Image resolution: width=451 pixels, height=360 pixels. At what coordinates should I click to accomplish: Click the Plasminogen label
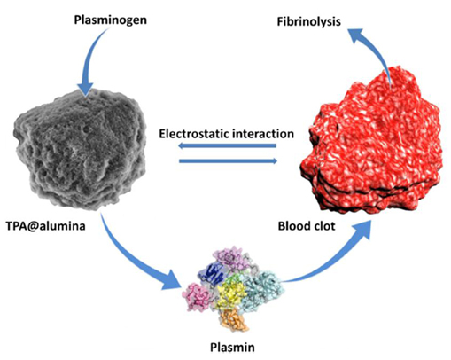point(110,20)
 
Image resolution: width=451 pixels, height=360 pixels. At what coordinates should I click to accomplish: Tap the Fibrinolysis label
point(308,21)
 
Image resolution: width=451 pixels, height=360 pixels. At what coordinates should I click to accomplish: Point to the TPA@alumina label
point(46,226)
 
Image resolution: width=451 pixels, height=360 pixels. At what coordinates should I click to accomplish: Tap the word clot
point(323,226)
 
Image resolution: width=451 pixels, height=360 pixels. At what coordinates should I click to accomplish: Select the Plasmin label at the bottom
point(232,347)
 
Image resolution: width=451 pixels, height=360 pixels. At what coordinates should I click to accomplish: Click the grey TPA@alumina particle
point(80,149)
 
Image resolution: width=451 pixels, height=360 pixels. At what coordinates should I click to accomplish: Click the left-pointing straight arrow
point(227,145)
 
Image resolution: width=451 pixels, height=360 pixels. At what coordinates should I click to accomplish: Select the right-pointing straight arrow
point(228,160)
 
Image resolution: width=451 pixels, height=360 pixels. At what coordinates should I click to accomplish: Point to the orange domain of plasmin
point(233,321)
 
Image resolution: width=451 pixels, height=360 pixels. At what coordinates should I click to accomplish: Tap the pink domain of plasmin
point(196,296)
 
